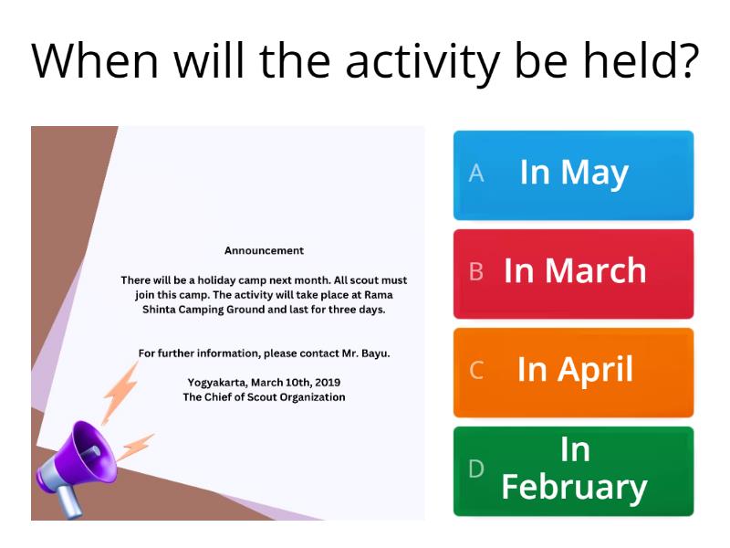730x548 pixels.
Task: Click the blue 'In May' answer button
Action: point(573,174)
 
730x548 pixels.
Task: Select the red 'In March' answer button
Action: point(573,273)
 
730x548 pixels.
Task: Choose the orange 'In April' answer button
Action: point(573,372)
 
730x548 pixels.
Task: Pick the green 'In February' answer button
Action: point(573,470)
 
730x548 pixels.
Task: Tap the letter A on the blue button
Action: point(475,174)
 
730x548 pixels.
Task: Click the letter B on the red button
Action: point(475,272)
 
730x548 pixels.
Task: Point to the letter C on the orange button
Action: point(475,371)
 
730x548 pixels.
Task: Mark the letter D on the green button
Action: point(475,469)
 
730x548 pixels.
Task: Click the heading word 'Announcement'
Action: point(264,250)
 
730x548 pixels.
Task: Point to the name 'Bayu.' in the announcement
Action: point(374,353)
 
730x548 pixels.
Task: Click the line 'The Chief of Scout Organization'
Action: point(264,397)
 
